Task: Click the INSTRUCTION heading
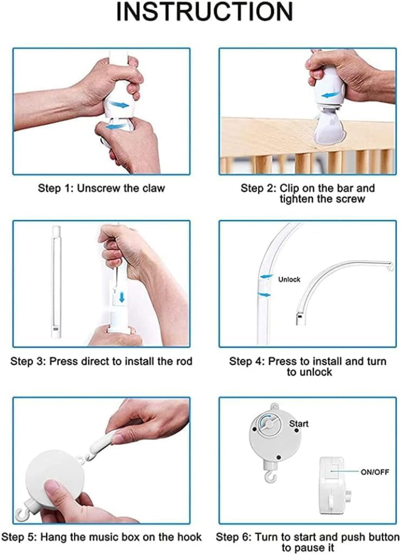point(205,12)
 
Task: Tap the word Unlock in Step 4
point(289,279)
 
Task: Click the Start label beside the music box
point(299,423)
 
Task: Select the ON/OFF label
point(375,471)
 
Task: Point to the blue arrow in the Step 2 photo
point(330,95)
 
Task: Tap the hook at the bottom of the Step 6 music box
point(271,477)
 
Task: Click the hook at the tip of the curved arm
point(390,268)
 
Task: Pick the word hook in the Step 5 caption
point(190,537)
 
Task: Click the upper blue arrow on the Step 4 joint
point(267,276)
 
